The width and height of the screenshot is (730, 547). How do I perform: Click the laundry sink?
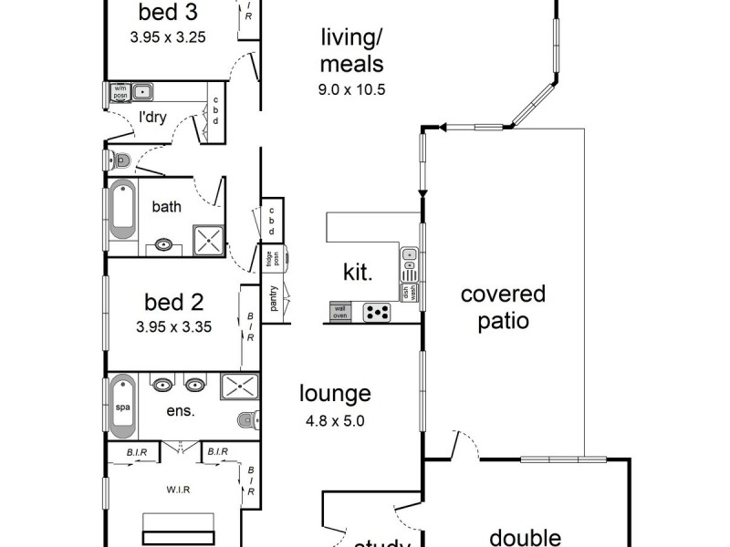tap(143, 91)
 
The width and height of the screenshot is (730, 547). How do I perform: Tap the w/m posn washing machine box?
tap(119, 91)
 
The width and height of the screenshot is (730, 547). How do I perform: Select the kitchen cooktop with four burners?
tap(378, 312)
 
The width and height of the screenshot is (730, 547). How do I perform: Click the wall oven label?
tap(339, 312)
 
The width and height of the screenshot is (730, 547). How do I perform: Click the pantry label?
tap(274, 298)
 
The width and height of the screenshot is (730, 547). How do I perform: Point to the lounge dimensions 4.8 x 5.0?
tap(336, 422)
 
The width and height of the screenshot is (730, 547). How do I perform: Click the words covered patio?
tap(503, 307)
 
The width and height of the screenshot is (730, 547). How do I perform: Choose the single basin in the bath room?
tap(164, 244)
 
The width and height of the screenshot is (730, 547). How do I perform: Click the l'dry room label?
tap(151, 117)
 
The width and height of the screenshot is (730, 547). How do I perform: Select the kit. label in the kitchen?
tap(356, 272)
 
